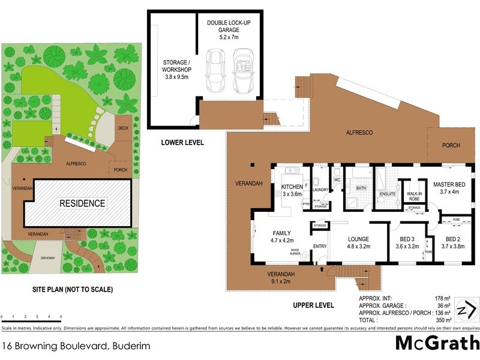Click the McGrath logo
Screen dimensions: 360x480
click(x=437, y=344)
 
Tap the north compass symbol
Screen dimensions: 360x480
click(x=466, y=310)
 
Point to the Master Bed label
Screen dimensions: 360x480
click(x=449, y=188)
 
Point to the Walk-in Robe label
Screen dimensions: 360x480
click(x=414, y=196)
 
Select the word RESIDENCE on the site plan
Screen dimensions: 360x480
click(x=82, y=203)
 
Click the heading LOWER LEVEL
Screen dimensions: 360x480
click(x=182, y=143)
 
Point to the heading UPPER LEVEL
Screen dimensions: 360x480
click(x=313, y=305)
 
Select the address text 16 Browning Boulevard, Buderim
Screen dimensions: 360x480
click(x=76, y=346)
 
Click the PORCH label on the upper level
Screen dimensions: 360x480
click(x=451, y=145)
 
